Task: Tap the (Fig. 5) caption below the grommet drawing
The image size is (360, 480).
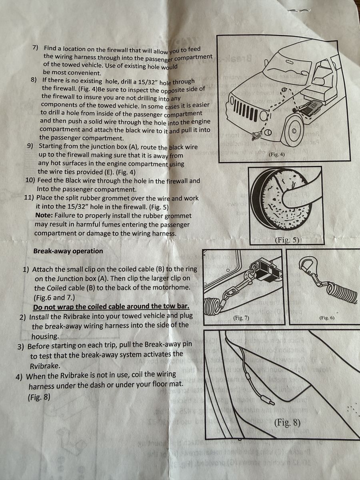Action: (x=287, y=240)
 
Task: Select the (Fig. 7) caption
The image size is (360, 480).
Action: (x=241, y=318)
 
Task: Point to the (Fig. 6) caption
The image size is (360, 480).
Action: (x=327, y=318)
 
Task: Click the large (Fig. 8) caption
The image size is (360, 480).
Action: (x=287, y=422)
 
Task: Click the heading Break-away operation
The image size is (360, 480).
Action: (x=68, y=251)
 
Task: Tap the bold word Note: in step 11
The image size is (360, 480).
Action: (x=44, y=215)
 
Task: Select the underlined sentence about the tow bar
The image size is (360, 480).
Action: (x=111, y=306)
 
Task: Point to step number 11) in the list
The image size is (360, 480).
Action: (x=29, y=198)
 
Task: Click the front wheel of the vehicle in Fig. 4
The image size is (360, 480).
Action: (x=294, y=132)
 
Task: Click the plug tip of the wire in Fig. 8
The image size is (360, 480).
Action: (x=272, y=402)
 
